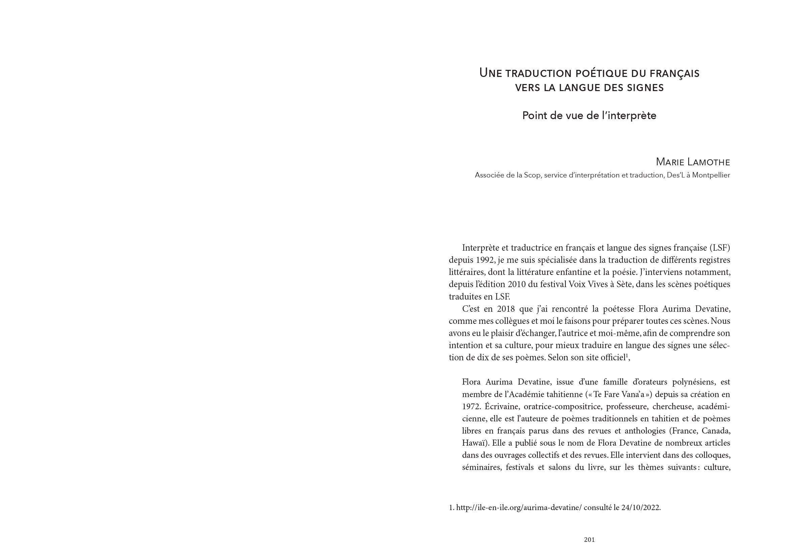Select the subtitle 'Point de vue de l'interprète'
click(589, 115)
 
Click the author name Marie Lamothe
click(693, 162)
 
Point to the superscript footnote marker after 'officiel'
click(626, 355)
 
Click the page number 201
click(589, 540)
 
